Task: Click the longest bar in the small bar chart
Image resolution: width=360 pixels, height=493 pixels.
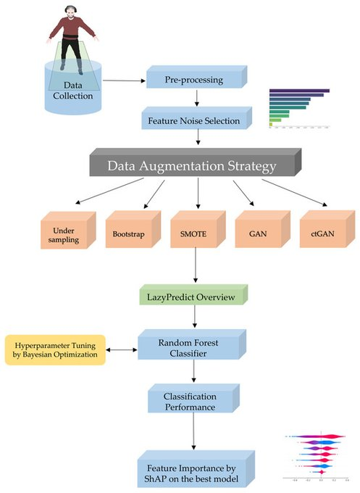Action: coord(298,91)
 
